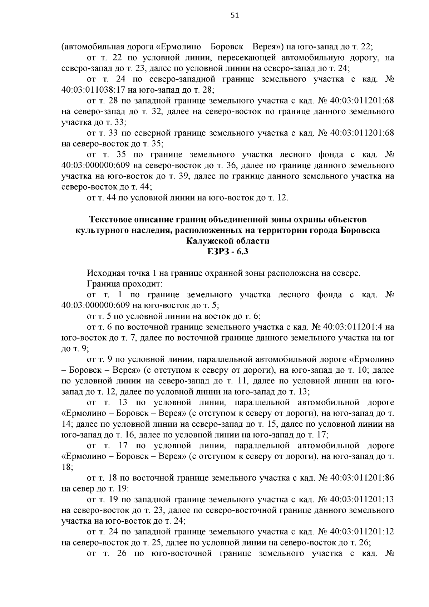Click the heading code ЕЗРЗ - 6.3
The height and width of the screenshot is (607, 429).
(x=228, y=252)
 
